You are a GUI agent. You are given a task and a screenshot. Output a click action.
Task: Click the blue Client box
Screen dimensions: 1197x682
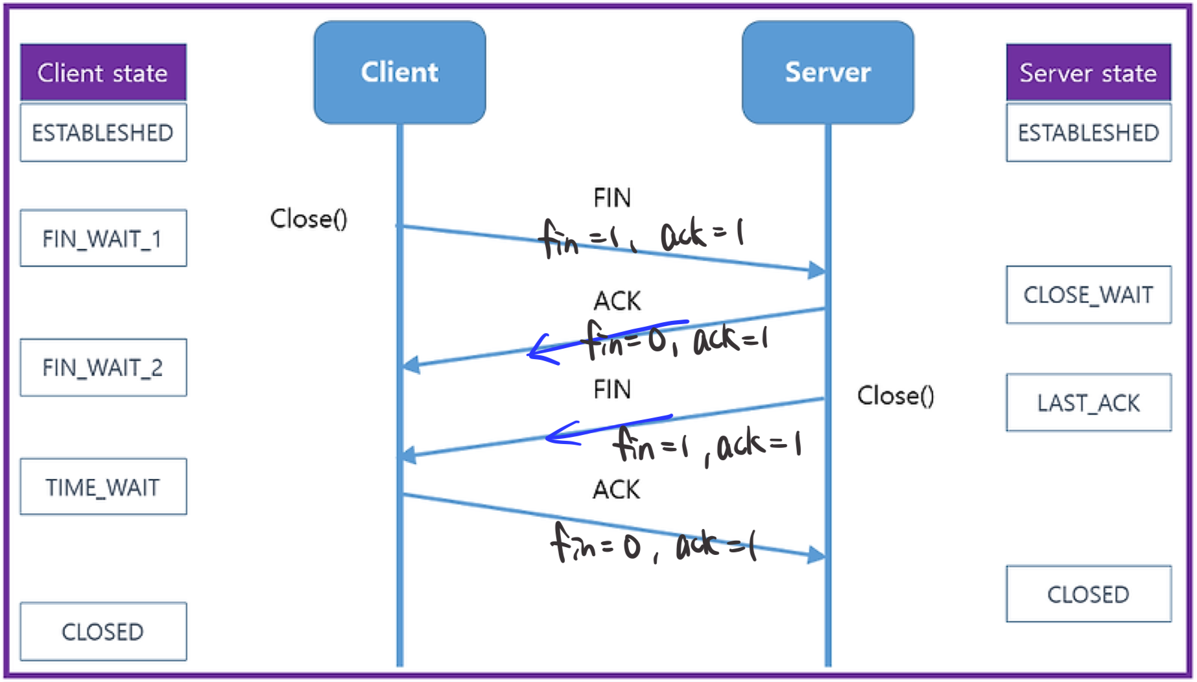[400, 72]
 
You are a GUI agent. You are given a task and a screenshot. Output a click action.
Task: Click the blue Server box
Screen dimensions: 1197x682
[828, 72]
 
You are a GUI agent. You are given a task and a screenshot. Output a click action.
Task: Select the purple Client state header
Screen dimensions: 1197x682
[103, 72]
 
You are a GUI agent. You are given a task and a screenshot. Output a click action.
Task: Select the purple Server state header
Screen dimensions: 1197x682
[1089, 72]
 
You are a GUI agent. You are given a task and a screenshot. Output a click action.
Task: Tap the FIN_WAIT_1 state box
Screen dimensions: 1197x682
[103, 238]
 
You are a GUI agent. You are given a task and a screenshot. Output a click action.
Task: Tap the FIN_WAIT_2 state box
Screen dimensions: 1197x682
[103, 367]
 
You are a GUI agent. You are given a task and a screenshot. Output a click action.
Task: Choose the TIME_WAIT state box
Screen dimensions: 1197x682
[103, 487]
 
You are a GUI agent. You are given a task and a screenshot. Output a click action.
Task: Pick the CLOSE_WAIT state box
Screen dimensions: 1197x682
[1089, 294]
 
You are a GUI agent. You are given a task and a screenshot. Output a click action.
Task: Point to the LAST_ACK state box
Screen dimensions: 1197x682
[1089, 403]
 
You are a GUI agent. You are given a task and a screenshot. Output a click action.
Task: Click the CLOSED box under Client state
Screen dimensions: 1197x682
[103, 631]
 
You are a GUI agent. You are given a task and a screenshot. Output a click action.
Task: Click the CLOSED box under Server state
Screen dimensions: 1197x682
[1089, 594]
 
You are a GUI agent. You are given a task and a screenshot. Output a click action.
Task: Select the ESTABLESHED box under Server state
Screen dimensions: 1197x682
[1089, 132]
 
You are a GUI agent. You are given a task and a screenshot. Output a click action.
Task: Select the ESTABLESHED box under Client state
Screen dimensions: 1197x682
[103, 132]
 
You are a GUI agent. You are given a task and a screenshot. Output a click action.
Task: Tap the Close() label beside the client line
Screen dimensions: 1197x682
[309, 218]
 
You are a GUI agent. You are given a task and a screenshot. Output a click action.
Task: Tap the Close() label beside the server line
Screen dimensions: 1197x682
[895, 395]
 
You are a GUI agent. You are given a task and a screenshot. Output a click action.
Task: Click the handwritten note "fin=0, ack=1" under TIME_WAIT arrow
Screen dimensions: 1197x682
[654, 543]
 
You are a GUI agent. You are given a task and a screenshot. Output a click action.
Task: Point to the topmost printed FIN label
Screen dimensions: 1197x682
[612, 198]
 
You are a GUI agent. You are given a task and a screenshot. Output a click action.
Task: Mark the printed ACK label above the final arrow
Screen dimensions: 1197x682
[617, 489]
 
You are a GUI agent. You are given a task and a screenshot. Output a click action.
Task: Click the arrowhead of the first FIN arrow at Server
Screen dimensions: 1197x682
[817, 270]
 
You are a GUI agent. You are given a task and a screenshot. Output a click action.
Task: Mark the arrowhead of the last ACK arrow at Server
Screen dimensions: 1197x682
[817, 555]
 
